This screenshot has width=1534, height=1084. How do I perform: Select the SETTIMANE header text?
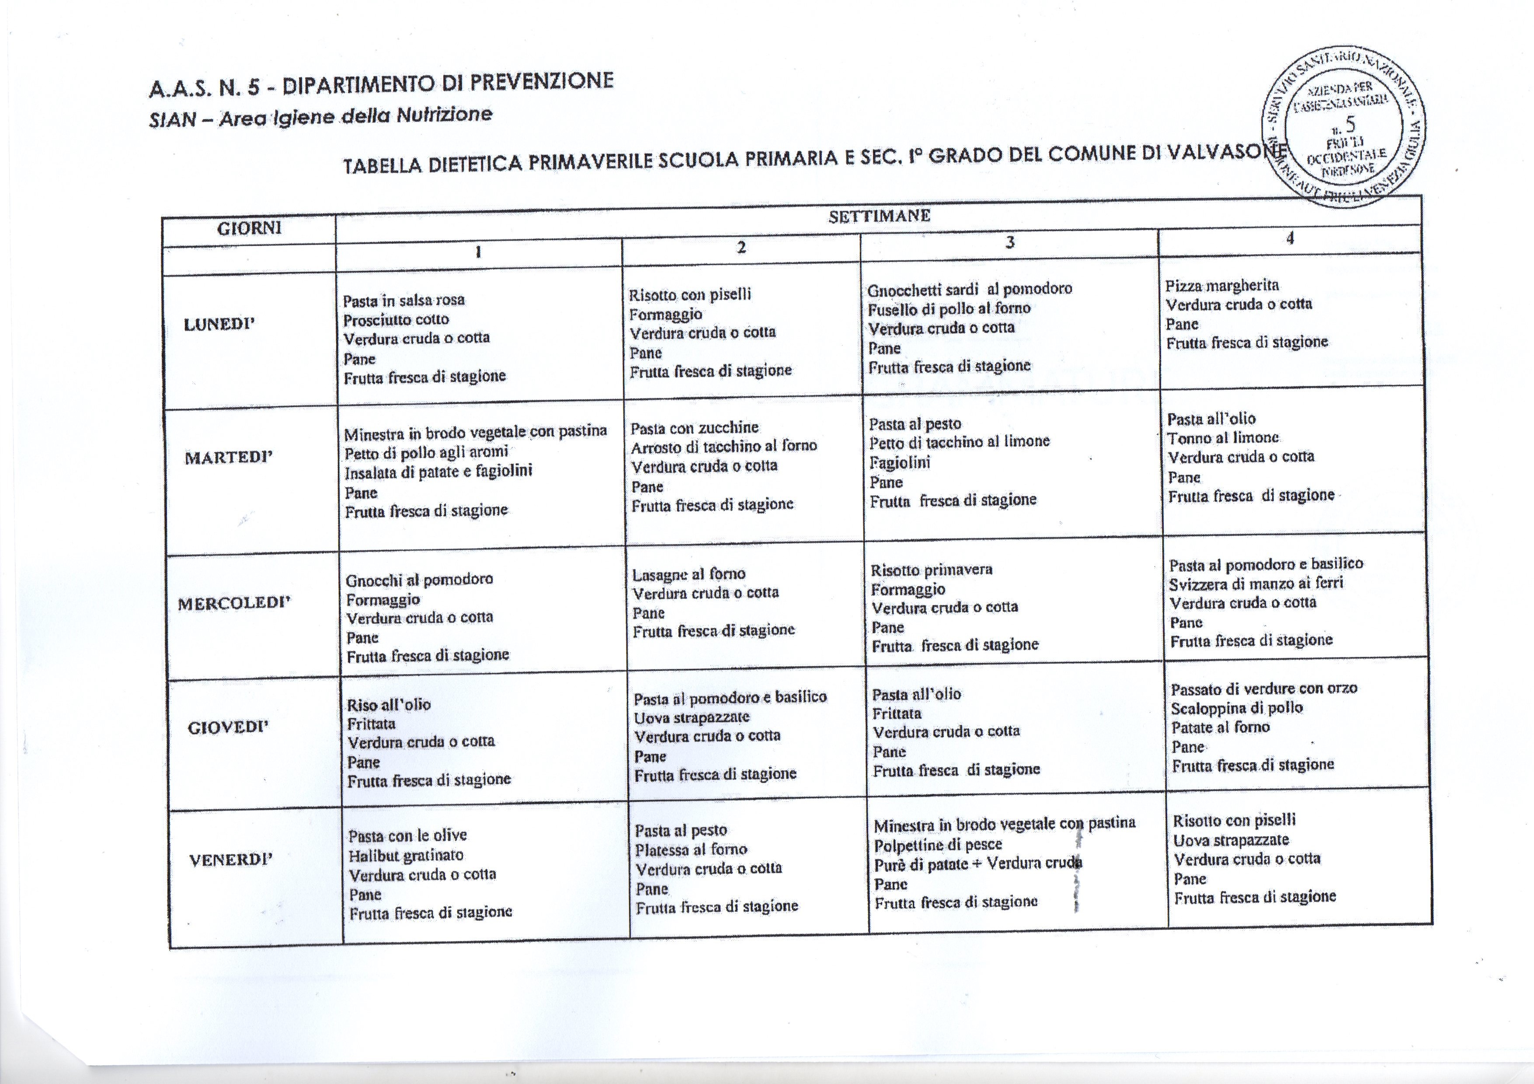click(x=879, y=216)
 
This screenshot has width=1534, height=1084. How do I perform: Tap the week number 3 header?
click(x=1009, y=242)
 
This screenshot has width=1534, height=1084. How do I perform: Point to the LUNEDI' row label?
click(x=220, y=325)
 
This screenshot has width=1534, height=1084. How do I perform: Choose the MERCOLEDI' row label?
click(x=234, y=603)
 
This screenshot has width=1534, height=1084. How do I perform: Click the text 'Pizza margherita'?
click(x=1222, y=286)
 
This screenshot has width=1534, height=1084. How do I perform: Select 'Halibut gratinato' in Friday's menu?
click(x=406, y=855)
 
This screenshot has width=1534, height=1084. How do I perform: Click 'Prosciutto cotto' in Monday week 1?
click(x=396, y=319)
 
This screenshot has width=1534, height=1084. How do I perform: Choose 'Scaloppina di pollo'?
click(x=1237, y=708)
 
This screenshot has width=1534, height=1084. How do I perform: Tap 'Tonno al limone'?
click(x=1223, y=438)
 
